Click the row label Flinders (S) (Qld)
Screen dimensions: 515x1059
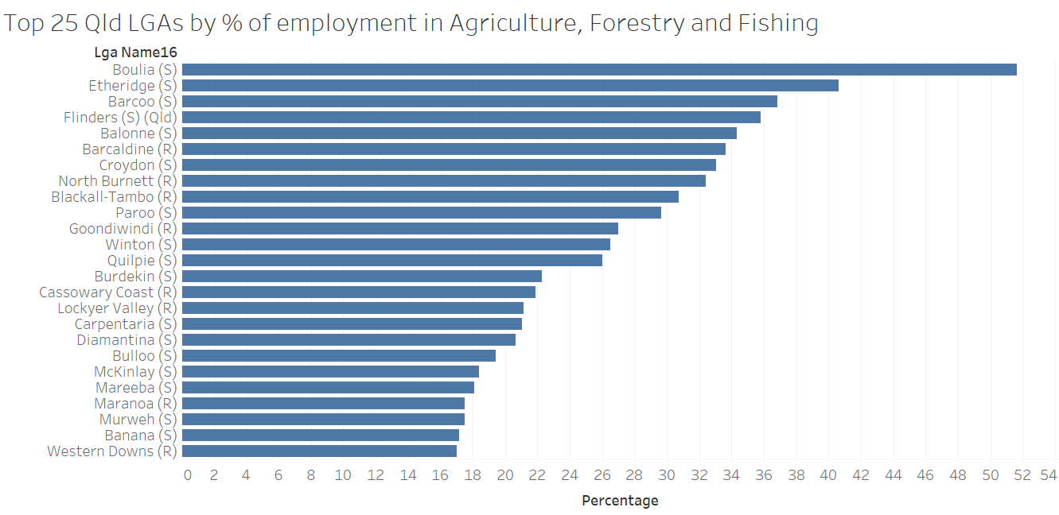(120, 118)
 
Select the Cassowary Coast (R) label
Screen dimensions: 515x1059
(107, 292)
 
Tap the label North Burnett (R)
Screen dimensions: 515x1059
(117, 181)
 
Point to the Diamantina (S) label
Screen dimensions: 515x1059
(127, 340)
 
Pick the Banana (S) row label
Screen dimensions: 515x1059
(140, 436)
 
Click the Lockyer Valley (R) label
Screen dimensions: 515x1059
(117, 308)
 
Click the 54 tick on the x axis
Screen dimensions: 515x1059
(1049, 475)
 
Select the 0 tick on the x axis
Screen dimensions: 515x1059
(188, 475)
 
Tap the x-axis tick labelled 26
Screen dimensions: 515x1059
(602, 475)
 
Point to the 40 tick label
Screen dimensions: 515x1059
(828, 475)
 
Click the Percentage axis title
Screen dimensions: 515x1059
(620, 501)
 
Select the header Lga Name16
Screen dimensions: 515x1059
(135, 52)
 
